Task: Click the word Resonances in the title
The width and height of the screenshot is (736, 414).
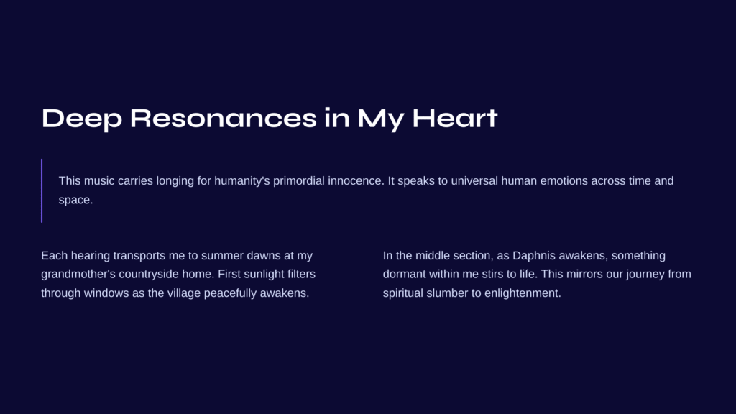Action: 224,118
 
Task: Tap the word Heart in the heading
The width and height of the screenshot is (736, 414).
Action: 454,118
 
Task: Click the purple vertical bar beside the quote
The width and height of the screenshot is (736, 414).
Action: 42,190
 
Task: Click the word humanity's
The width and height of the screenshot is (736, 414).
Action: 241,181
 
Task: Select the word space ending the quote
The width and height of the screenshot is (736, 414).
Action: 75,201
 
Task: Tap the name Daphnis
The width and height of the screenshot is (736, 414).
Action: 534,256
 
